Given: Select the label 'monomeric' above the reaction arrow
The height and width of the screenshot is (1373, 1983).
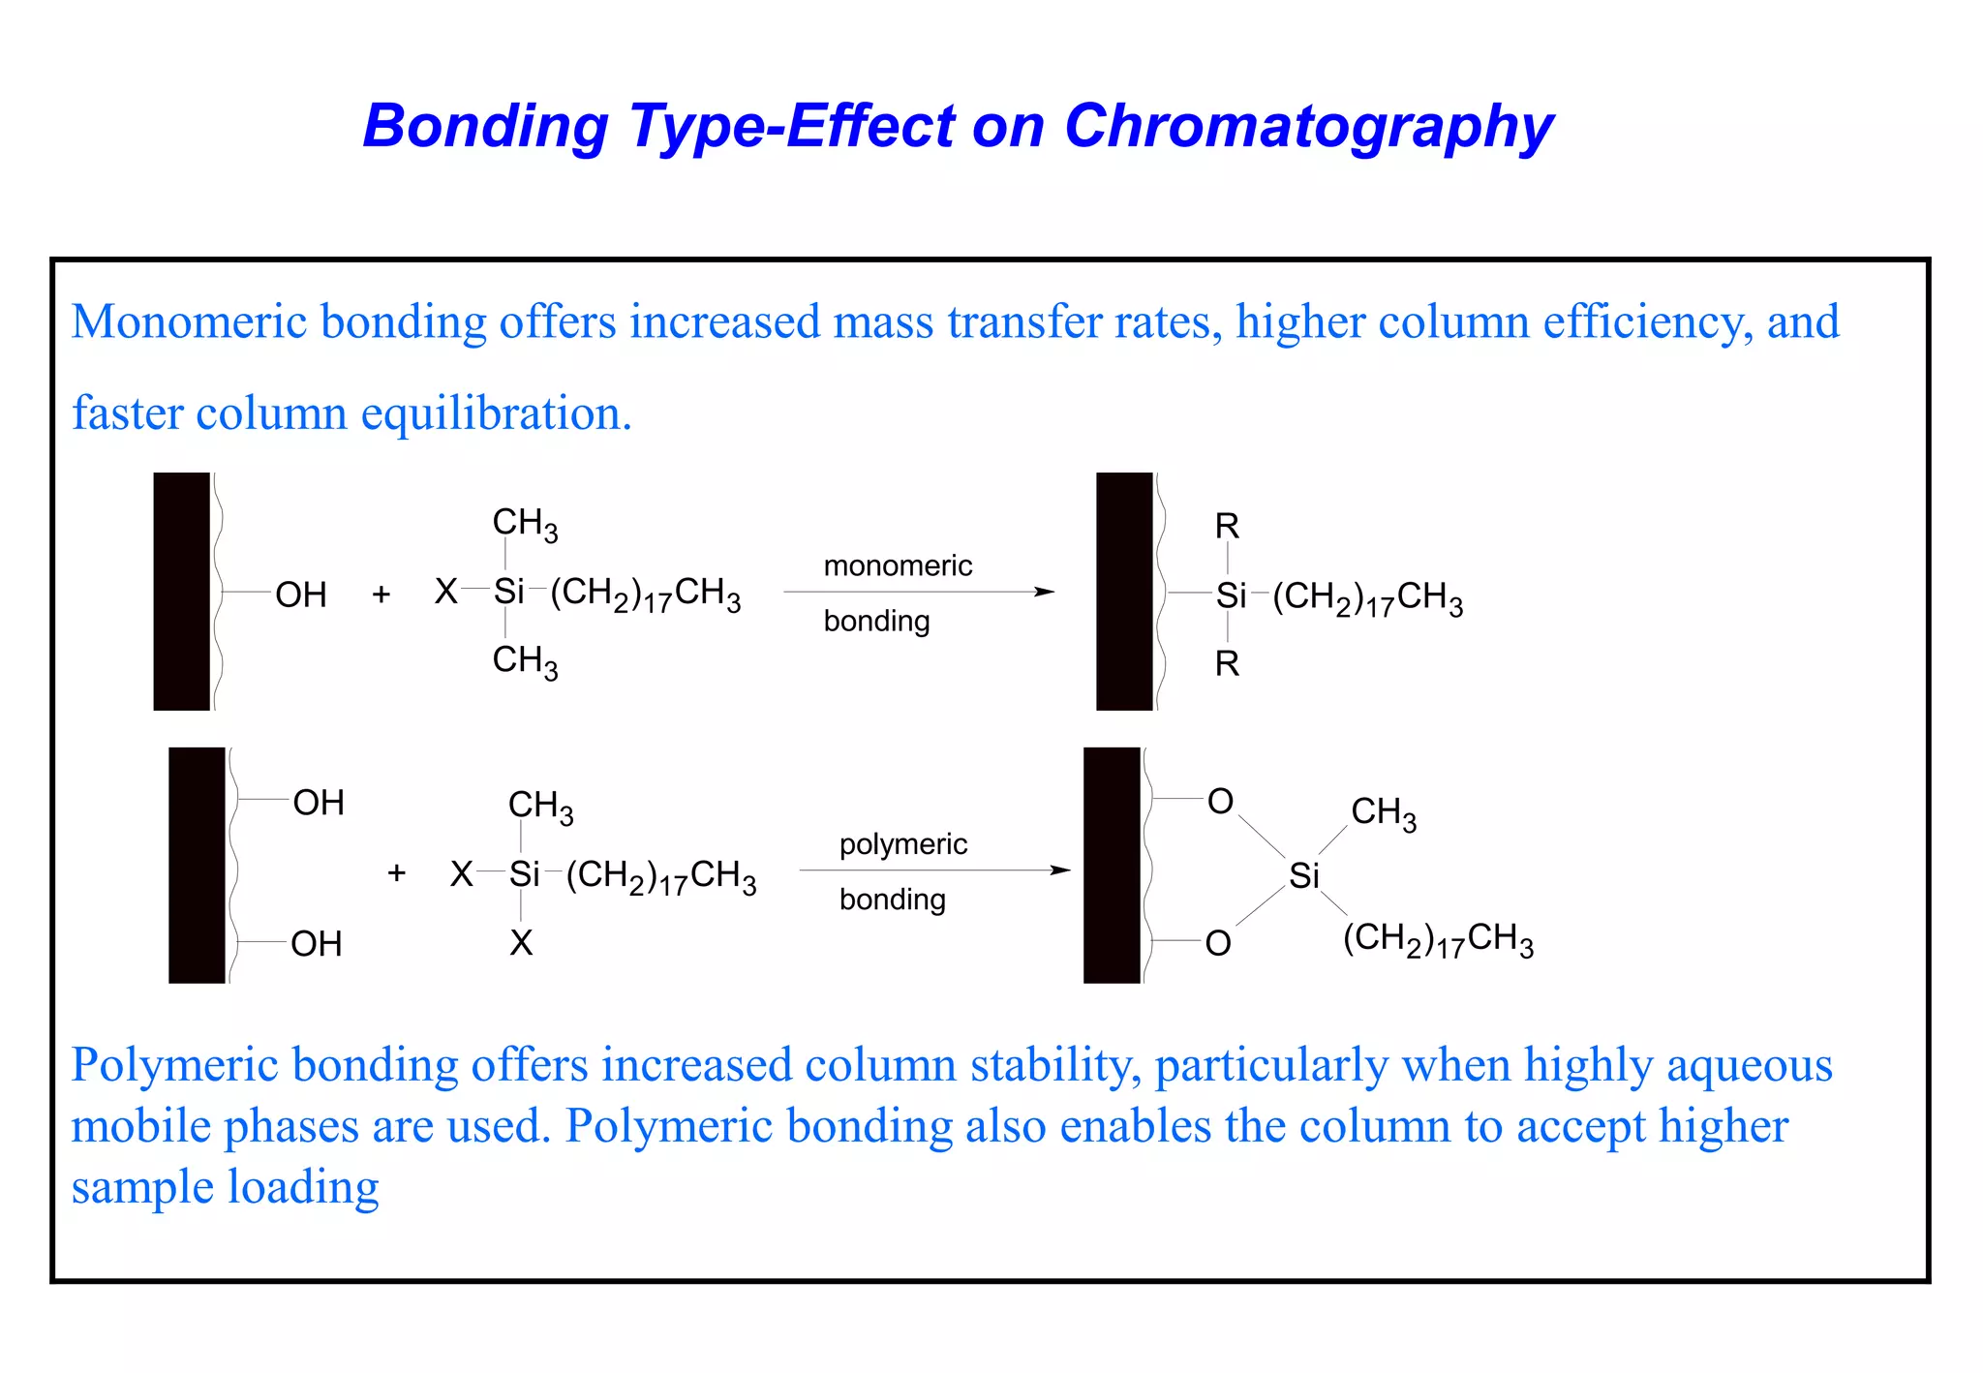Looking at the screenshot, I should pos(898,565).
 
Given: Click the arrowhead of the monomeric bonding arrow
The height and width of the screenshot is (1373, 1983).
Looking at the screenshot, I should pos(1045,592).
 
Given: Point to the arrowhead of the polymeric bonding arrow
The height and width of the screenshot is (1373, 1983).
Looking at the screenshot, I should pos(1061,870).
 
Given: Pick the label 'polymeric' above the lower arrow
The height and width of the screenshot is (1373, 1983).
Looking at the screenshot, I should pos(902,844).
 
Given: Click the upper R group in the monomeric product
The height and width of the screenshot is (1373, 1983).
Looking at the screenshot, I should pos(1227,527).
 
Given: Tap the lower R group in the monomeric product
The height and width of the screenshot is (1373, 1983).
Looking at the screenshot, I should pos(1227,664).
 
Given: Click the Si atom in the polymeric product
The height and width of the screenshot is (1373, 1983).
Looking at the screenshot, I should pos(1303,876).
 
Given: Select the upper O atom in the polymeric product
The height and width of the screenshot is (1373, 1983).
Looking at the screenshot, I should pos(1220,802).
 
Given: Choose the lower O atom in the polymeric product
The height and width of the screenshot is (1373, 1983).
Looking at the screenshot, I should pos(1218,943).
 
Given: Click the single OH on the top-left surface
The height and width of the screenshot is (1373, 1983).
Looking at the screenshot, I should pos(301,595).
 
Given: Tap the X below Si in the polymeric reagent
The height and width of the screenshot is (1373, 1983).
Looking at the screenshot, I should pos(521,943).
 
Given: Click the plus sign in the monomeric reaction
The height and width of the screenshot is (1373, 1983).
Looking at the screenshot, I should pos(381,594).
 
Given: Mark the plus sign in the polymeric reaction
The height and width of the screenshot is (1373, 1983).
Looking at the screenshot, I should pos(396,873).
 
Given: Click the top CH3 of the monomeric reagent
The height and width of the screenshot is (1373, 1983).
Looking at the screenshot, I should pos(525,523).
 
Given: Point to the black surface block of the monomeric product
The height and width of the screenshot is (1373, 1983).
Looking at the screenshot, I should pos(1124,592).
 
